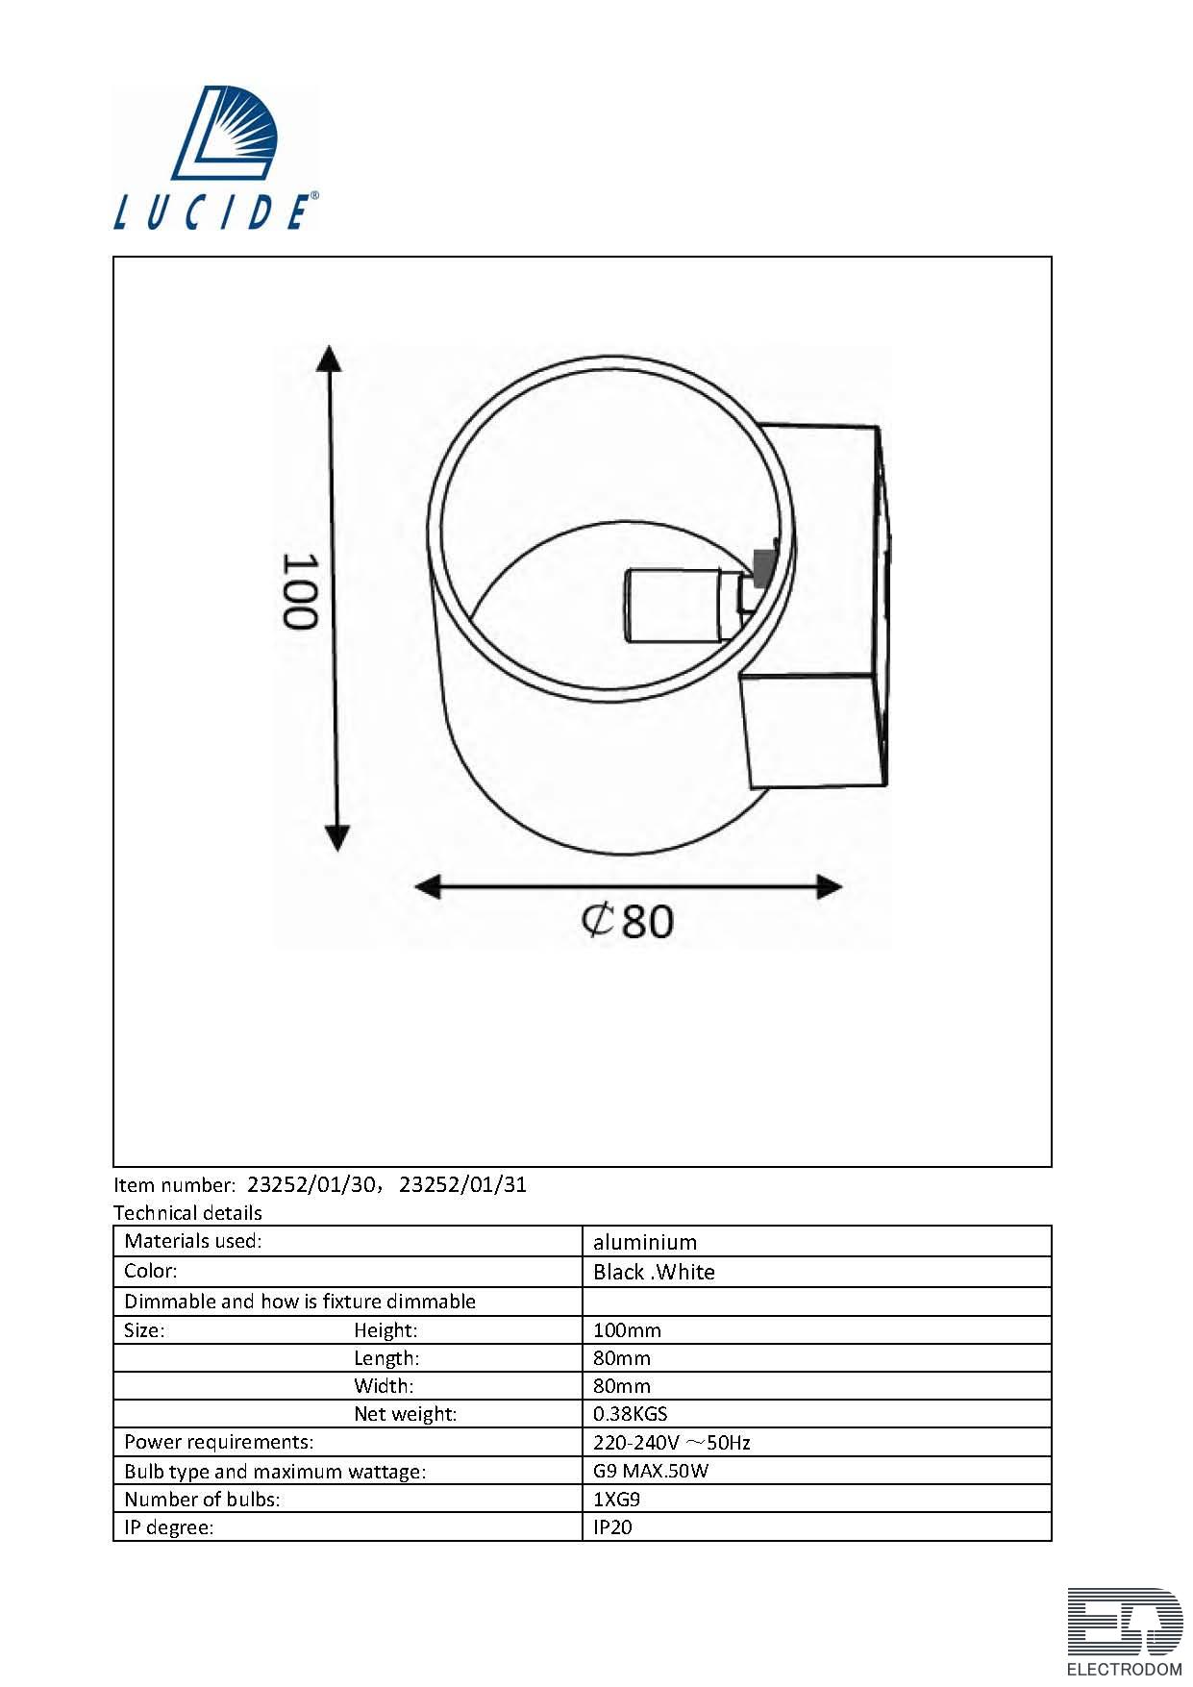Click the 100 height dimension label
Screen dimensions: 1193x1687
(298, 590)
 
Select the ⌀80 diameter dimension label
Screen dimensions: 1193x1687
(627, 921)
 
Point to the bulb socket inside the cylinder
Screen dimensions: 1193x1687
(684, 606)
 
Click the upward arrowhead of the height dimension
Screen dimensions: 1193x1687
(330, 358)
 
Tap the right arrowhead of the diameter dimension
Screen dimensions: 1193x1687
(829, 887)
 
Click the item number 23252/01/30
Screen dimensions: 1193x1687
(311, 1184)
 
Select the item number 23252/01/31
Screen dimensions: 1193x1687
(462, 1184)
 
